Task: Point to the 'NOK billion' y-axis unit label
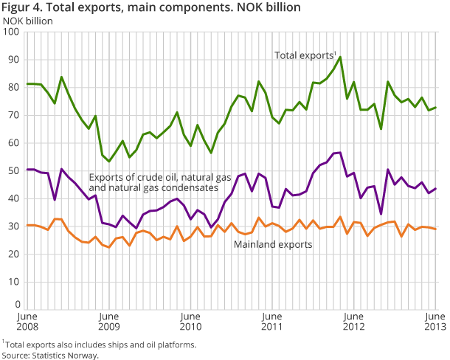[x=27, y=20]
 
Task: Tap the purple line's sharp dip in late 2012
[x=381, y=214]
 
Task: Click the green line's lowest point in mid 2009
[x=109, y=161]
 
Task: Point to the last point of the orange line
[x=435, y=229]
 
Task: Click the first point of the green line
[x=27, y=83]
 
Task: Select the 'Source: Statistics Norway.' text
[x=50, y=355]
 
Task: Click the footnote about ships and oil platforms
[x=100, y=344]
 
